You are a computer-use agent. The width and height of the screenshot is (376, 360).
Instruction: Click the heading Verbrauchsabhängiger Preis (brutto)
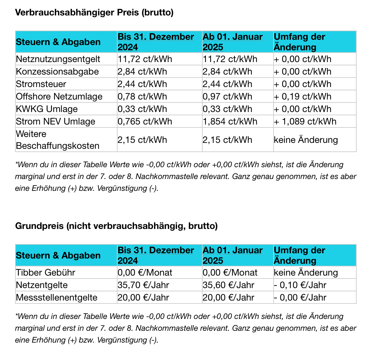pos(94,12)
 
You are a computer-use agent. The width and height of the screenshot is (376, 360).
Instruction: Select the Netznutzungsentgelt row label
pos(58,59)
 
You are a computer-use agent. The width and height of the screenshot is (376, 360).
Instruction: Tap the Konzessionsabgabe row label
pos(57,72)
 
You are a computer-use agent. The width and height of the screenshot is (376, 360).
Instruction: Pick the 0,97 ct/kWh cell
pos(227,97)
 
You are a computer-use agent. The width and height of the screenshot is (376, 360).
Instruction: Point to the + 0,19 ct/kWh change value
pos(302,97)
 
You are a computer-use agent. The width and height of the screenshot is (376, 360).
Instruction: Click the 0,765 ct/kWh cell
pos(145,122)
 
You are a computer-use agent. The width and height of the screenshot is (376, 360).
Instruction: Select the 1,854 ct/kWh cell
pos(230,122)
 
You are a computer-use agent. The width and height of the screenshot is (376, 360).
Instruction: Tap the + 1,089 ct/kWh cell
pos(305,122)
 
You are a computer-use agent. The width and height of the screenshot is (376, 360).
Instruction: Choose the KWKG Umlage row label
pos(47,109)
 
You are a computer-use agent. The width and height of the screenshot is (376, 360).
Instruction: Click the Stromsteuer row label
pos(41,84)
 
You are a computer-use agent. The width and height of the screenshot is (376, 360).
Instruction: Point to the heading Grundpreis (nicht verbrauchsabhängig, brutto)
pos(116,226)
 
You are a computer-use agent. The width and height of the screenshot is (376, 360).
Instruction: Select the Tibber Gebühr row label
pos(46,273)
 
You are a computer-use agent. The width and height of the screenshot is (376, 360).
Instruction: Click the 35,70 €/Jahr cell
pos(143,285)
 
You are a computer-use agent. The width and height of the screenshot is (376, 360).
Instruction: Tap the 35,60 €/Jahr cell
pos(228,285)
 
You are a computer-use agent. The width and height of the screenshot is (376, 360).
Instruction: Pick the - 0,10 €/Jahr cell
pos(300,285)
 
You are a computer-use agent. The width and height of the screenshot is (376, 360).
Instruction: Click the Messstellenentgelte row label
pos(56,298)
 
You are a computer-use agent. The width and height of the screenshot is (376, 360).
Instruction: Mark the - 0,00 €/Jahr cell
pos(300,298)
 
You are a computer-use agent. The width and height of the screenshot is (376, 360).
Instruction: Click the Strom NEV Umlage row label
pos(55,122)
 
